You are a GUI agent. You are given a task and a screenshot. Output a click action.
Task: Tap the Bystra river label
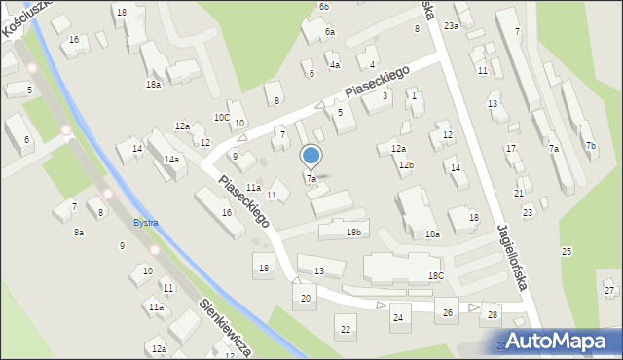[x=145, y=223]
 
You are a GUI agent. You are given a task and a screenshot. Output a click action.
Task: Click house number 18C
[x=436, y=276]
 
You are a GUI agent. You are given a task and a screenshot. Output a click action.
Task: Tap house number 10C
[x=222, y=117]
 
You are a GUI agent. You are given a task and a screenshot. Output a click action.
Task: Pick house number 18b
[x=354, y=232]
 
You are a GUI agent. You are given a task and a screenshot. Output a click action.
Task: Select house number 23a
[x=451, y=26]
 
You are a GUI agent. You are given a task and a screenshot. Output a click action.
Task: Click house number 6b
[x=324, y=7]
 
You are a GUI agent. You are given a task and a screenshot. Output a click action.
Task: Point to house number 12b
[x=406, y=165]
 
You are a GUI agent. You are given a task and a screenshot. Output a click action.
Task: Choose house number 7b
[x=591, y=146]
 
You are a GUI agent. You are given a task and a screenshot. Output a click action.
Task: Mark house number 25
[x=567, y=251]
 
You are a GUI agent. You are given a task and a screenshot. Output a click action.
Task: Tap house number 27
[x=609, y=291]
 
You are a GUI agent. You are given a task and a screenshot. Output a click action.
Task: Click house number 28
[x=493, y=314]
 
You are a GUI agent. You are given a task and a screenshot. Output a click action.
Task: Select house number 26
[x=448, y=312]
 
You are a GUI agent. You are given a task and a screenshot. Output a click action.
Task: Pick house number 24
[x=397, y=318]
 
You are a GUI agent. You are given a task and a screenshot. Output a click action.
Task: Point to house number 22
[x=346, y=330]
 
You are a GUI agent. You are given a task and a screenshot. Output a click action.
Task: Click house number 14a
[x=171, y=159]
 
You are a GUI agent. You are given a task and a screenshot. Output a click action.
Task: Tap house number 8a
[x=79, y=233]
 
